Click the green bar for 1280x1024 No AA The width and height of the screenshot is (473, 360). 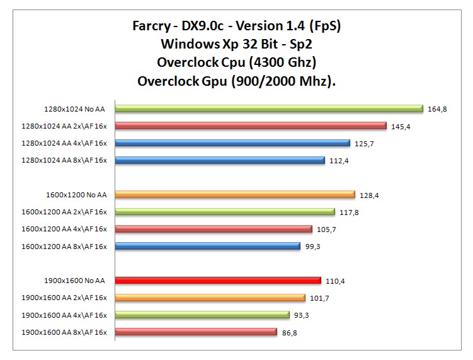pyautogui.click(x=269, y=108)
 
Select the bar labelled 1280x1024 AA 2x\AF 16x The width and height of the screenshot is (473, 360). pyautogui.click(x=250, y=125)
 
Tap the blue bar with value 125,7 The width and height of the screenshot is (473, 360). pyautogui.click(x=232, y=143)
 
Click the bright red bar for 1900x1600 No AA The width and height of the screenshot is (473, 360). pyautogui.click(x=219, y=280)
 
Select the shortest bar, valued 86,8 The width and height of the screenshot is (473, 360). pyautogui.click(x=196, y=331)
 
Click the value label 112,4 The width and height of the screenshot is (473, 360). pyautogui.click(x=339, y=161)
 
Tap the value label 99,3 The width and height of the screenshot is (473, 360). pyautogui.click(x=313, y=247)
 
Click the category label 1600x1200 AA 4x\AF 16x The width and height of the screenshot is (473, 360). pyautogui.click(x=64, y=229)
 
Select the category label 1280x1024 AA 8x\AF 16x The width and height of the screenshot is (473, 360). pyautogui.click(x=64, y=161)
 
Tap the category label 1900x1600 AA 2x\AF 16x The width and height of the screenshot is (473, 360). pyautogui.click(x=64, y=298)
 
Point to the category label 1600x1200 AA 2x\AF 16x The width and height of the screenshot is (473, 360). pyautogui.click(x=64, y=212)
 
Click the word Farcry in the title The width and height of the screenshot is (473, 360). pyautogui.click(x=151, y=27)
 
